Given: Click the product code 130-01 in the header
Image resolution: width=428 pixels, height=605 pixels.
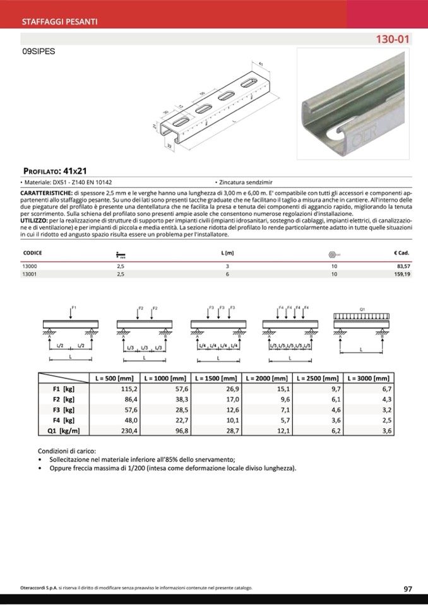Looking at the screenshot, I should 393,39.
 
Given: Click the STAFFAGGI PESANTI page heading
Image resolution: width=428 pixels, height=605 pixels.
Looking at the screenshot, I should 59,21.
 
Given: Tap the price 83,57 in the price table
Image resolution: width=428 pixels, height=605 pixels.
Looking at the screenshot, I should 401,267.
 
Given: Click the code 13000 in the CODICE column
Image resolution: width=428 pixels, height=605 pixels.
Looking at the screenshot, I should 30,267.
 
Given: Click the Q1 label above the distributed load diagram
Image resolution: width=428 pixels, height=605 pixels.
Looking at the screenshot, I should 362,309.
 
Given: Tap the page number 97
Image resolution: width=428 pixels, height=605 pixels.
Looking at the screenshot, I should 408,589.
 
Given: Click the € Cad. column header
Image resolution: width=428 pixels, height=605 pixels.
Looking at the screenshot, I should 401,253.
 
